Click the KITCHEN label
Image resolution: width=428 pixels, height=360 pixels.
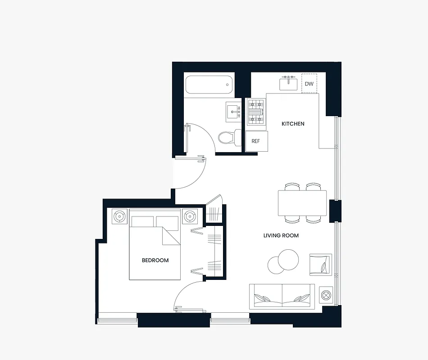293,124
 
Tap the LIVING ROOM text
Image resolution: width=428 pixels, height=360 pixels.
281,235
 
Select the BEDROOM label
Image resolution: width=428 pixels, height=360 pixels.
155,260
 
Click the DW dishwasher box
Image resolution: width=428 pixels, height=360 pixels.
309,84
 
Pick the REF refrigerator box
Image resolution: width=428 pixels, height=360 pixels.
256,141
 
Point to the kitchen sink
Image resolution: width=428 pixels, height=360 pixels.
288,84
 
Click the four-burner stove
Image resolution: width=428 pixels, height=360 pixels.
256,112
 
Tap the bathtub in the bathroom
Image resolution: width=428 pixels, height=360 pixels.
209,85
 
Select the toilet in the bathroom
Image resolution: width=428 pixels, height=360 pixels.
229,137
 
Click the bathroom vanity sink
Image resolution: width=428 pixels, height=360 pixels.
234,110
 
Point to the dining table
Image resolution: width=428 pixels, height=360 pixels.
302,203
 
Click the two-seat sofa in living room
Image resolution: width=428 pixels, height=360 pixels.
282,297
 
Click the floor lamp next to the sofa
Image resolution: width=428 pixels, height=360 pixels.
326,296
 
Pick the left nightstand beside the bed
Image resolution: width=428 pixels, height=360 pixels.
119,216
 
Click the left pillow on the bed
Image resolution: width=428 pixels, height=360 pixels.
142,221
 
